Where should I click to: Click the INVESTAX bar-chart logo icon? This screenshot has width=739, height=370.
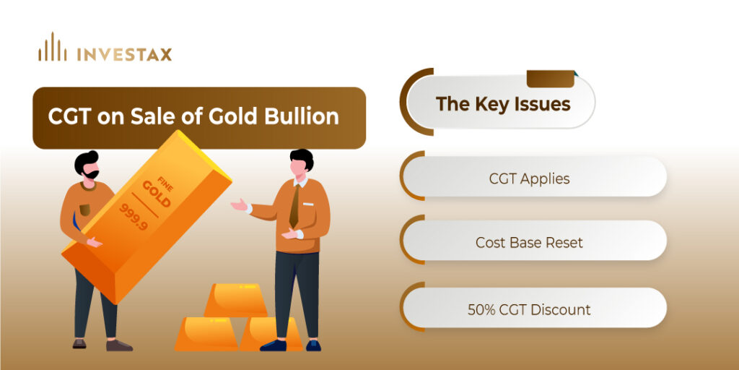52,47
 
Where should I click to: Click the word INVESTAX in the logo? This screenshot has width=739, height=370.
124,54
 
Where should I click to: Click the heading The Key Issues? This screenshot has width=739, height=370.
503,104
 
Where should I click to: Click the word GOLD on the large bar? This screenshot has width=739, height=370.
156,194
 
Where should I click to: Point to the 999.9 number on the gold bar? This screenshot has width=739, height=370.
134,217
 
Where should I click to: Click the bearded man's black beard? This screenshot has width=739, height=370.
90,174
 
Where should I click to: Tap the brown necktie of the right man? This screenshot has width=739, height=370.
294,206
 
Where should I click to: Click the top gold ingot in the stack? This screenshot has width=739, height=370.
236,300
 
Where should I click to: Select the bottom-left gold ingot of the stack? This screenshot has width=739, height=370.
206,333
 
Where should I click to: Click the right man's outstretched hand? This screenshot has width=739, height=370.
239,205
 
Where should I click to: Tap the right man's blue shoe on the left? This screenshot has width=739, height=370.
274,345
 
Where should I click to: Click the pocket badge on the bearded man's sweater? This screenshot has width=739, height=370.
84,210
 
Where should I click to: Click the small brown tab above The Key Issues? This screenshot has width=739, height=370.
551,78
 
